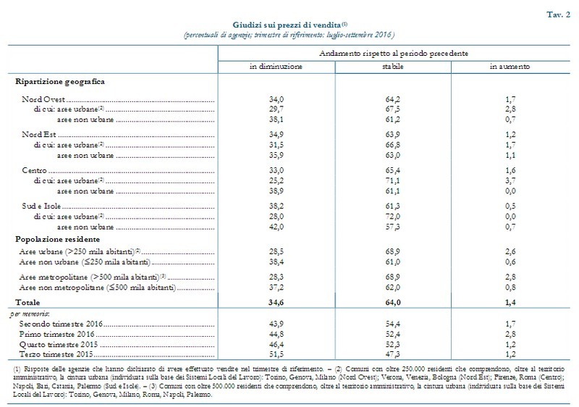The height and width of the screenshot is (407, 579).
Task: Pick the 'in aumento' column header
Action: [x=511, y=66]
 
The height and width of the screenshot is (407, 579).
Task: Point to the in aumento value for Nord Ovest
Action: [x=511, y=99]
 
